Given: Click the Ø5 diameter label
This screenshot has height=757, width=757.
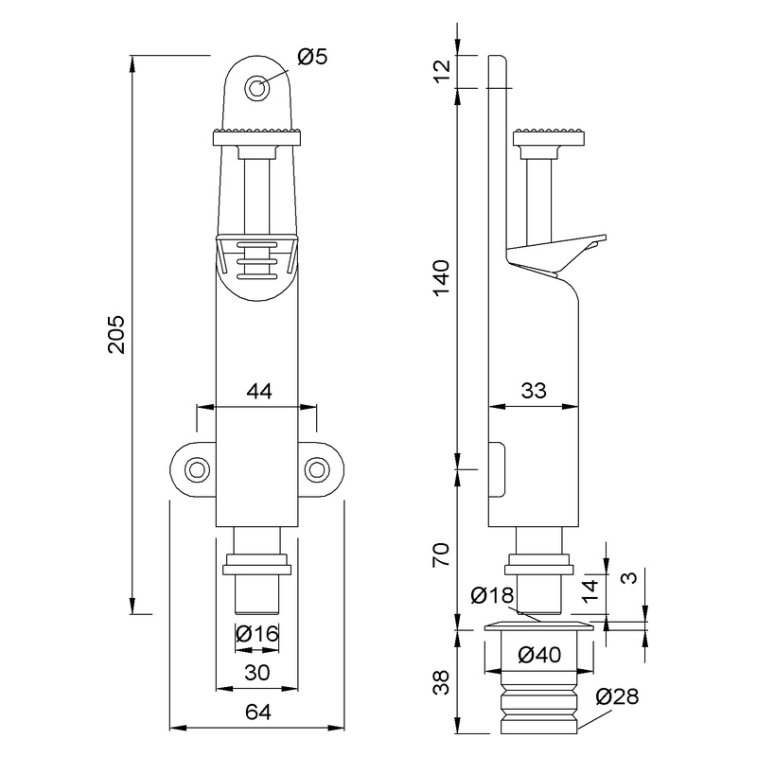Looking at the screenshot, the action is point(312,57).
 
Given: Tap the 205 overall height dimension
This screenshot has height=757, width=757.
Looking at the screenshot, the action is point(116,335).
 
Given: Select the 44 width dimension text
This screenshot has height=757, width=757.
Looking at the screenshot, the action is point(259,391).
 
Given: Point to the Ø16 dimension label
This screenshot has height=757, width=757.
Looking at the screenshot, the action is point(257,633).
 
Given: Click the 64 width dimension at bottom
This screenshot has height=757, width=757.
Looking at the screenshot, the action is point(258,713).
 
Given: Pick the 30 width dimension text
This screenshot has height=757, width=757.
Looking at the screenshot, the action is point(257,673).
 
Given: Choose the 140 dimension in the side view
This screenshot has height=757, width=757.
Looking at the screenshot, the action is point(442,278).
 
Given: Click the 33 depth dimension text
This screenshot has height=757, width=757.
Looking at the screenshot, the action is point(534,391).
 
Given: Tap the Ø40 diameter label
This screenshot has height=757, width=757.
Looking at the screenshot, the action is point(539,655).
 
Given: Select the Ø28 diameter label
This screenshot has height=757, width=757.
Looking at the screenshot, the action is point(617,696).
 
